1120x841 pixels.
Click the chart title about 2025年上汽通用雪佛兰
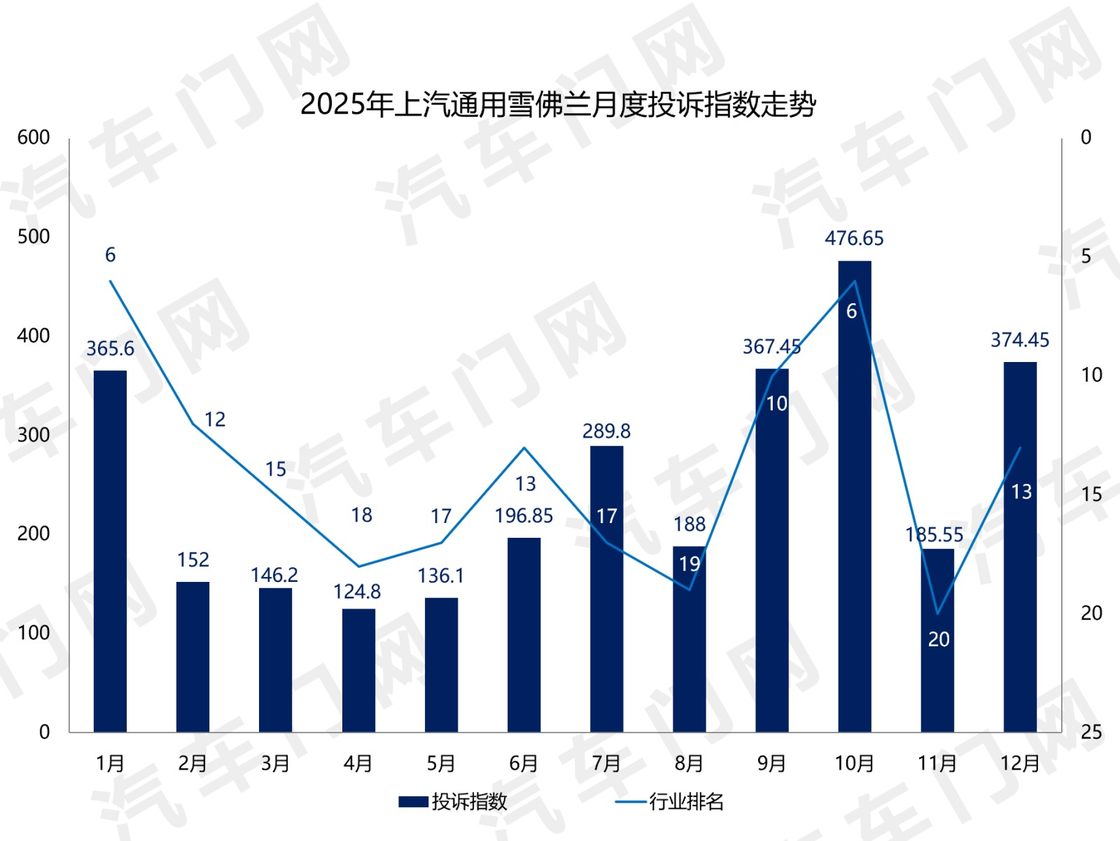pos(558,105)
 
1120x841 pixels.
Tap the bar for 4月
pos(358,670)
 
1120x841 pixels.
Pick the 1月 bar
pos(110,551)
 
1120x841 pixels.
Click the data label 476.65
pos(855,239)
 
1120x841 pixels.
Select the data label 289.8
pos(607,431)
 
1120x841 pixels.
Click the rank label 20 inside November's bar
pos(938,639)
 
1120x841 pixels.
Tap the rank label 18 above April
pos(361,516)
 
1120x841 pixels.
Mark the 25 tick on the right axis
pos(1091,733)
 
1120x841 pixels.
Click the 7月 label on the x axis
pos(607,763)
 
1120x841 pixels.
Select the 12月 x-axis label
pos(1020,763)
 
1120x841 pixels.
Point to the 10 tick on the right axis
pos(1091,375)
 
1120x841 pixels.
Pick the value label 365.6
pos(110,349)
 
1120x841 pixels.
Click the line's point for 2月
pos(193,424)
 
